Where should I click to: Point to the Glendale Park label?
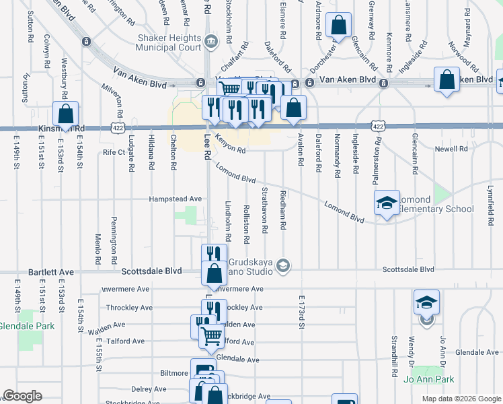point(26,325)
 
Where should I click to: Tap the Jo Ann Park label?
point(429,379)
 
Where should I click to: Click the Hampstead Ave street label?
point(176,199)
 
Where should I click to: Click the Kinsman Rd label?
point(62,127)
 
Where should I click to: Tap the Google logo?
point(22,396)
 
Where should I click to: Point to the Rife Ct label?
point(114,152)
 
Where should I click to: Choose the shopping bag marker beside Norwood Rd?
point(447,80)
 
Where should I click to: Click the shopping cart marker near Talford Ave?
point(211,335)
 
